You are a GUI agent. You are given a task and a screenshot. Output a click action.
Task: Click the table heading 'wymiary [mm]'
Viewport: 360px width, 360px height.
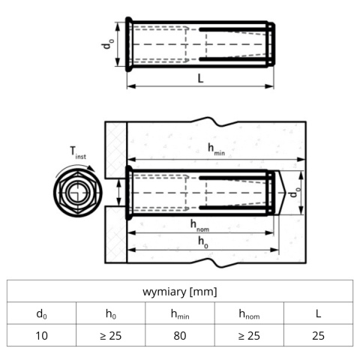pos(180,292)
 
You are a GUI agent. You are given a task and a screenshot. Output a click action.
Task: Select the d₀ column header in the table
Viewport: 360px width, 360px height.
pos(41,313)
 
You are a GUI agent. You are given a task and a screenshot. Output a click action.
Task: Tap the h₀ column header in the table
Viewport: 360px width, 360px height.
pos(111,313)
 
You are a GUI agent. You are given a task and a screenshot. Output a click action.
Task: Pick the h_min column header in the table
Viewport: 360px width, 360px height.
pos(180,314)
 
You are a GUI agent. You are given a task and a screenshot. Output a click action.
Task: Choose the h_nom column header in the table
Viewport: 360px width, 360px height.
pos(249,314)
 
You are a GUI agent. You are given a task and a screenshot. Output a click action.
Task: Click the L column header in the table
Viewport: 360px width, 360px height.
pos(318,313)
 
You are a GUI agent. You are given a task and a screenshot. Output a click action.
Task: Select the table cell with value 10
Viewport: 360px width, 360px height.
pos(41,336)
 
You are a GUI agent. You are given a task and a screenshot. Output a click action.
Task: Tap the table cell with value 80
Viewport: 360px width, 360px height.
pos(180,336)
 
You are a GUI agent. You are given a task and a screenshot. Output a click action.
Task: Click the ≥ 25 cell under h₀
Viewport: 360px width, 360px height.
pos(111,336)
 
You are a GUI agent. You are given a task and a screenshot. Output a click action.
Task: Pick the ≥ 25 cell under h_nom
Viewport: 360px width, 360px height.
pos(249,336)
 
